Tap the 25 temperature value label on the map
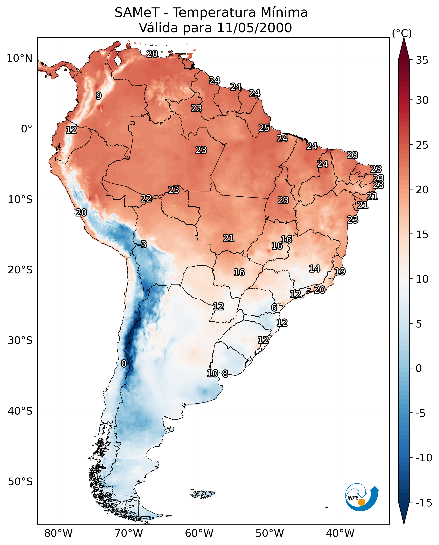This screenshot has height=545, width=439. (264, 128)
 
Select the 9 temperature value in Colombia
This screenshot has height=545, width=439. (99, 95)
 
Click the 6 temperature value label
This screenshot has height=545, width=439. (274, 307)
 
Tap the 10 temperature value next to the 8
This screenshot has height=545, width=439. (212, 373)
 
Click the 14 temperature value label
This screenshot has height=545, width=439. (315, 268)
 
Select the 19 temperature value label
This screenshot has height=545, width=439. (340, 271)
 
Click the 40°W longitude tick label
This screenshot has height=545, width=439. (340, 533)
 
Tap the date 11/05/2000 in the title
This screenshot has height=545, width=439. (254, 28)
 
